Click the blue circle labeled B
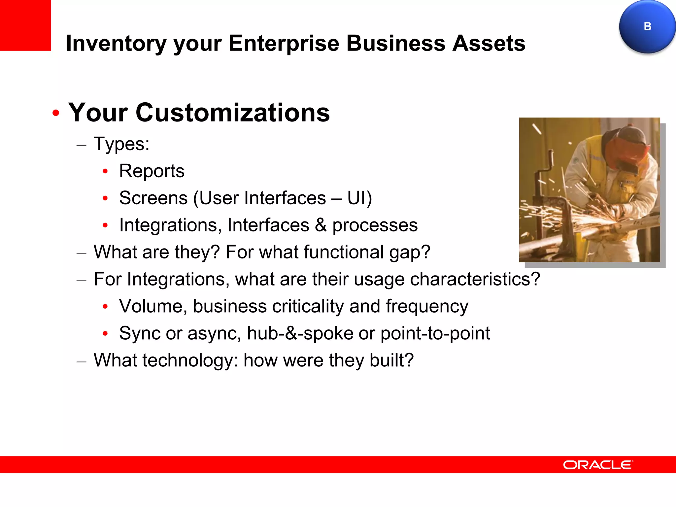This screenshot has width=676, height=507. (x=647, y=26)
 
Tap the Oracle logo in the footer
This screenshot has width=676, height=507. (x=598, y=465)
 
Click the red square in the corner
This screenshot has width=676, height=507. (x=25, y=25)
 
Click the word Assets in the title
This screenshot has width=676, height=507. (x=489, y=43)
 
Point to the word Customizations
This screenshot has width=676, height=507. (x=232, y=113)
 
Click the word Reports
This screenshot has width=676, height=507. (x=152, y=171)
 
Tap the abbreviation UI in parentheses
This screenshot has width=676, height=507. (x=357, y=198)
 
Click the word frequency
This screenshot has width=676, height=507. (x=427, y=306)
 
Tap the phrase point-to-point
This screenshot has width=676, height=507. (x=435, y=333)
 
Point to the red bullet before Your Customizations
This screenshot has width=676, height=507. (x=56, y=113)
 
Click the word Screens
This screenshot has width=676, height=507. (x=153, y=198)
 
